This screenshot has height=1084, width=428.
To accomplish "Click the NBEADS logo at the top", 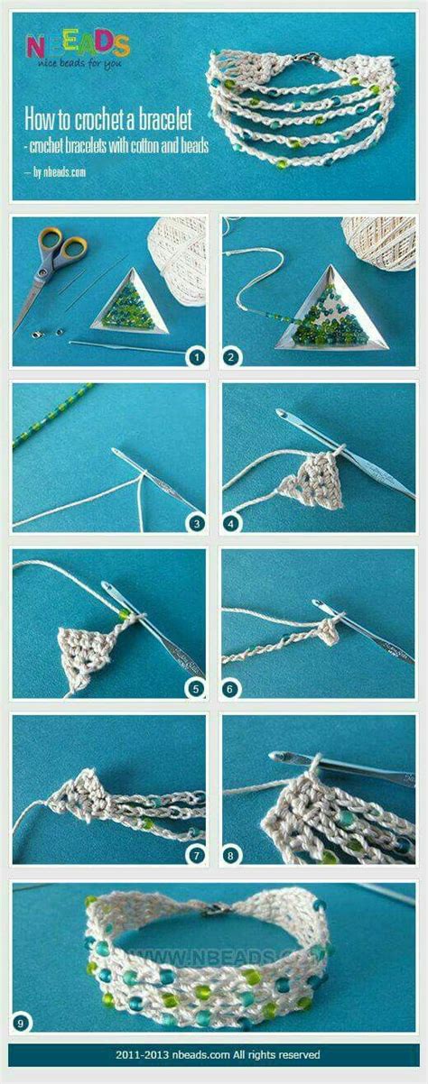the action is pyautogui.click(x=78, y=49).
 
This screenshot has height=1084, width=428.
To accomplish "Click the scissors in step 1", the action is pyautogui.click(x=49, y=270).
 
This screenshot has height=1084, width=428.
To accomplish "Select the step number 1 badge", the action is pyautogui.click(x=196, y=358).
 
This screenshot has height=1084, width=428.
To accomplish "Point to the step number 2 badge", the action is pyautogui.click(x=231, y=358).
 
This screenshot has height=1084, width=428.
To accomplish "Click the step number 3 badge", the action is pyautogui.click(x=196, y=523).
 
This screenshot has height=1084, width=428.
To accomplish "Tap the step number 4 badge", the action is pyautogui.click(x=231, y=523).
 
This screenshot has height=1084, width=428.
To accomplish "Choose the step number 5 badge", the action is pyautogui.click(x=196, y=689).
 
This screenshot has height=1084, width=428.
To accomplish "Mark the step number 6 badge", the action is pyautogui.click(x=231, y=689).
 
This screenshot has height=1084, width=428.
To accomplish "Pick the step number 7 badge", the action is pyautogui.click(x=196, y=856).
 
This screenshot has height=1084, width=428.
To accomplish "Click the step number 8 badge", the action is pyautogui.click(x=231, y=856).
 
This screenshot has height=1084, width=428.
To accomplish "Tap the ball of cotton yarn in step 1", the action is pyautogui.click(x=180, y=262).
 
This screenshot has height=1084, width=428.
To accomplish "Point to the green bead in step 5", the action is pyautogui.click(x=124, y=615).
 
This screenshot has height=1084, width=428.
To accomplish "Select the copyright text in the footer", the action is pyautogui.click(x=218, y=1054).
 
